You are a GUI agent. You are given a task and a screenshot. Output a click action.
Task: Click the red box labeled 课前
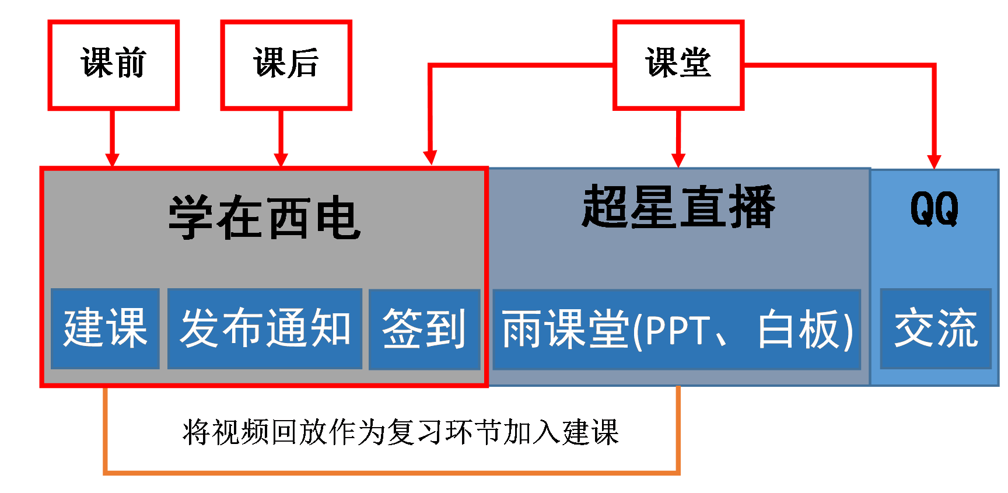113,65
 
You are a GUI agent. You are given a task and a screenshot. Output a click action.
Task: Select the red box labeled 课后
286,65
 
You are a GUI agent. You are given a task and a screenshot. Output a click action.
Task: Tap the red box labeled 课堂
678,65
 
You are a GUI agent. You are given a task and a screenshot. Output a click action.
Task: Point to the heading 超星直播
678,207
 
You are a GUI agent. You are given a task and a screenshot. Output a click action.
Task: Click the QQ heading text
934,209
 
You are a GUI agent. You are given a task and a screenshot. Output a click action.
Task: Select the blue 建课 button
105,328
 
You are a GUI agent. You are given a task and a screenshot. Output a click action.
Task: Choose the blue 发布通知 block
265,328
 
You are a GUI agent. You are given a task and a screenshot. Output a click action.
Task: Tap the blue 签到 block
424,329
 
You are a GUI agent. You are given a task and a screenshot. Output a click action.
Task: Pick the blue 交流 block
936,328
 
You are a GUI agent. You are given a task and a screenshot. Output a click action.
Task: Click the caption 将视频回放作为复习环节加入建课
400,432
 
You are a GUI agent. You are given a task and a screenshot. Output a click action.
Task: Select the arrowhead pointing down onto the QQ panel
934,162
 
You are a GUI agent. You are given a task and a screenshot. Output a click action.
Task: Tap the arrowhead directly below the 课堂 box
678,160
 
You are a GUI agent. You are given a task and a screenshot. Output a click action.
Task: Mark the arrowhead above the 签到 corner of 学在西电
430,158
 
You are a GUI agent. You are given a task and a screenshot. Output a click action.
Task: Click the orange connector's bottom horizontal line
391,471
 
